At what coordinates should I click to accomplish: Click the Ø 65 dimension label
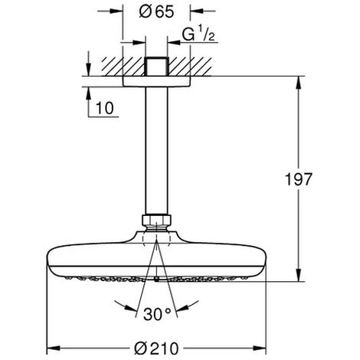pos(156,11)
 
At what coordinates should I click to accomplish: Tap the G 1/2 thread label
pos(198,34)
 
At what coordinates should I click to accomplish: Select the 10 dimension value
pos(105,108)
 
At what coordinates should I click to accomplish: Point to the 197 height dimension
pos(299,179)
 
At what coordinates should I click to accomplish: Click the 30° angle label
pos(157,314)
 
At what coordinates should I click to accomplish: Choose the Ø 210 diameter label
pos(156,349)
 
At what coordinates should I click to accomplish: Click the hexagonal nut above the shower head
pos(156,221)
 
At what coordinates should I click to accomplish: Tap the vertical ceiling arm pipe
pos(156,151)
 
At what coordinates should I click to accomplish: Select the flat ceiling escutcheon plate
pos(156,82)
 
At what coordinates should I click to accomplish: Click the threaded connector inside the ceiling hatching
pos(156,67)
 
